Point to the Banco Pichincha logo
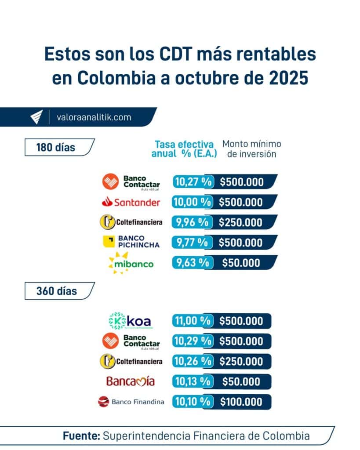coord(131,242)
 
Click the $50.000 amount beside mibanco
coord(240,263)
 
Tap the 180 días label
coord(55,147)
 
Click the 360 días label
coord(56,291)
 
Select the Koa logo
coord(130,321)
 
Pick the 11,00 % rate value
coord(192,321)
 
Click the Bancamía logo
coord(131,381)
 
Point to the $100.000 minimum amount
coord(241,402)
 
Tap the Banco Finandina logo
coord(131,402)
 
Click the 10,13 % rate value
coord(192,381)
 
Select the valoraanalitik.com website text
coord(94,117)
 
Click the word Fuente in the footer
coord(81,436)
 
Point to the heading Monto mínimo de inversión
coord(251,149)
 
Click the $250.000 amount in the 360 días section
coord(241,361)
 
